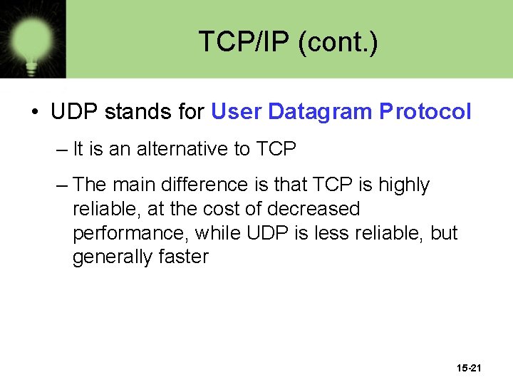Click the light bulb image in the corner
tap(32, 38)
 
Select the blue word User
tap(237, 112)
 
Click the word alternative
tap(183, 149)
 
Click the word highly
tap(403, 185)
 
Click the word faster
tap(184, 257)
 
